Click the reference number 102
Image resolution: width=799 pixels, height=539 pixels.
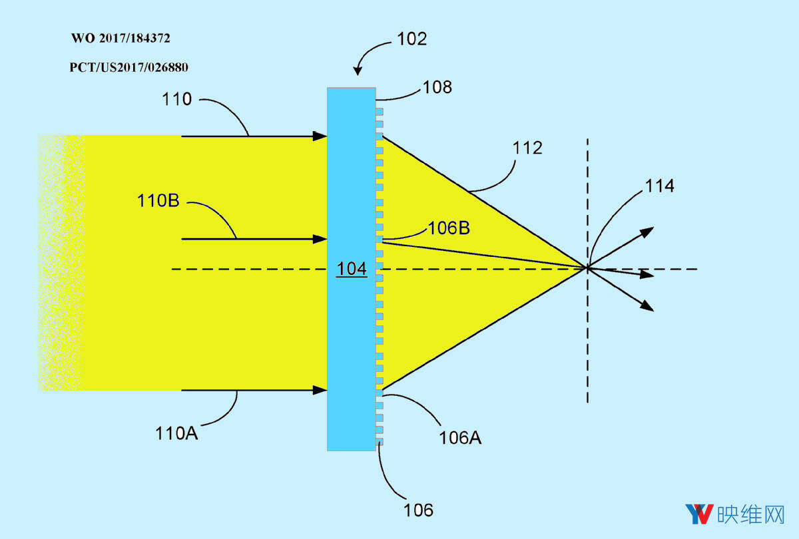tap(411, 39)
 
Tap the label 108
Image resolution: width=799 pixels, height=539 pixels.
tap(437, 87)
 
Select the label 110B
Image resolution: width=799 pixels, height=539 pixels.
tap(158, 200)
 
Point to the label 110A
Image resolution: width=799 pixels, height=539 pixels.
tap(176, 433)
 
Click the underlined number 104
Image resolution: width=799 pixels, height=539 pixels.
tap(352, 269)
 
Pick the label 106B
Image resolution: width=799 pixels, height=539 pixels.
tap(449, 228)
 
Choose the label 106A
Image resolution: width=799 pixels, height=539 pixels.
tap(460, 438)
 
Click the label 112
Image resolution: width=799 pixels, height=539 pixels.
tap(527, 148)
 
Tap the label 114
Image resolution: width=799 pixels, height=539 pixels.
tap(660, 186)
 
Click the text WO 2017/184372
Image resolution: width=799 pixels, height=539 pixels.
tap(121, 38)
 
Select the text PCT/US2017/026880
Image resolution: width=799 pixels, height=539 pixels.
tap(129, 67)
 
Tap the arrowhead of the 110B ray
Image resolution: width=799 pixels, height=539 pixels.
tap(320, 239)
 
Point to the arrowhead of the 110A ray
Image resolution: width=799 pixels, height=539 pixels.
tap(320, 390)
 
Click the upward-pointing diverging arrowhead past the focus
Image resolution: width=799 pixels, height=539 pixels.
tap(647, 232)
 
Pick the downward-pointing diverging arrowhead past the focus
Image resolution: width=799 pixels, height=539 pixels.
tap(647, 305)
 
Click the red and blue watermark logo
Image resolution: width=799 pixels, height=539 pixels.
tap(700, 514)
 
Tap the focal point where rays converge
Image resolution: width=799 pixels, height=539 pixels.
tap(587, 268)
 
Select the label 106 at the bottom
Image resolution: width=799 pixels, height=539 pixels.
tap(418, 510)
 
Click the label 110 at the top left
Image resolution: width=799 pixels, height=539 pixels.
tap(176, 98)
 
